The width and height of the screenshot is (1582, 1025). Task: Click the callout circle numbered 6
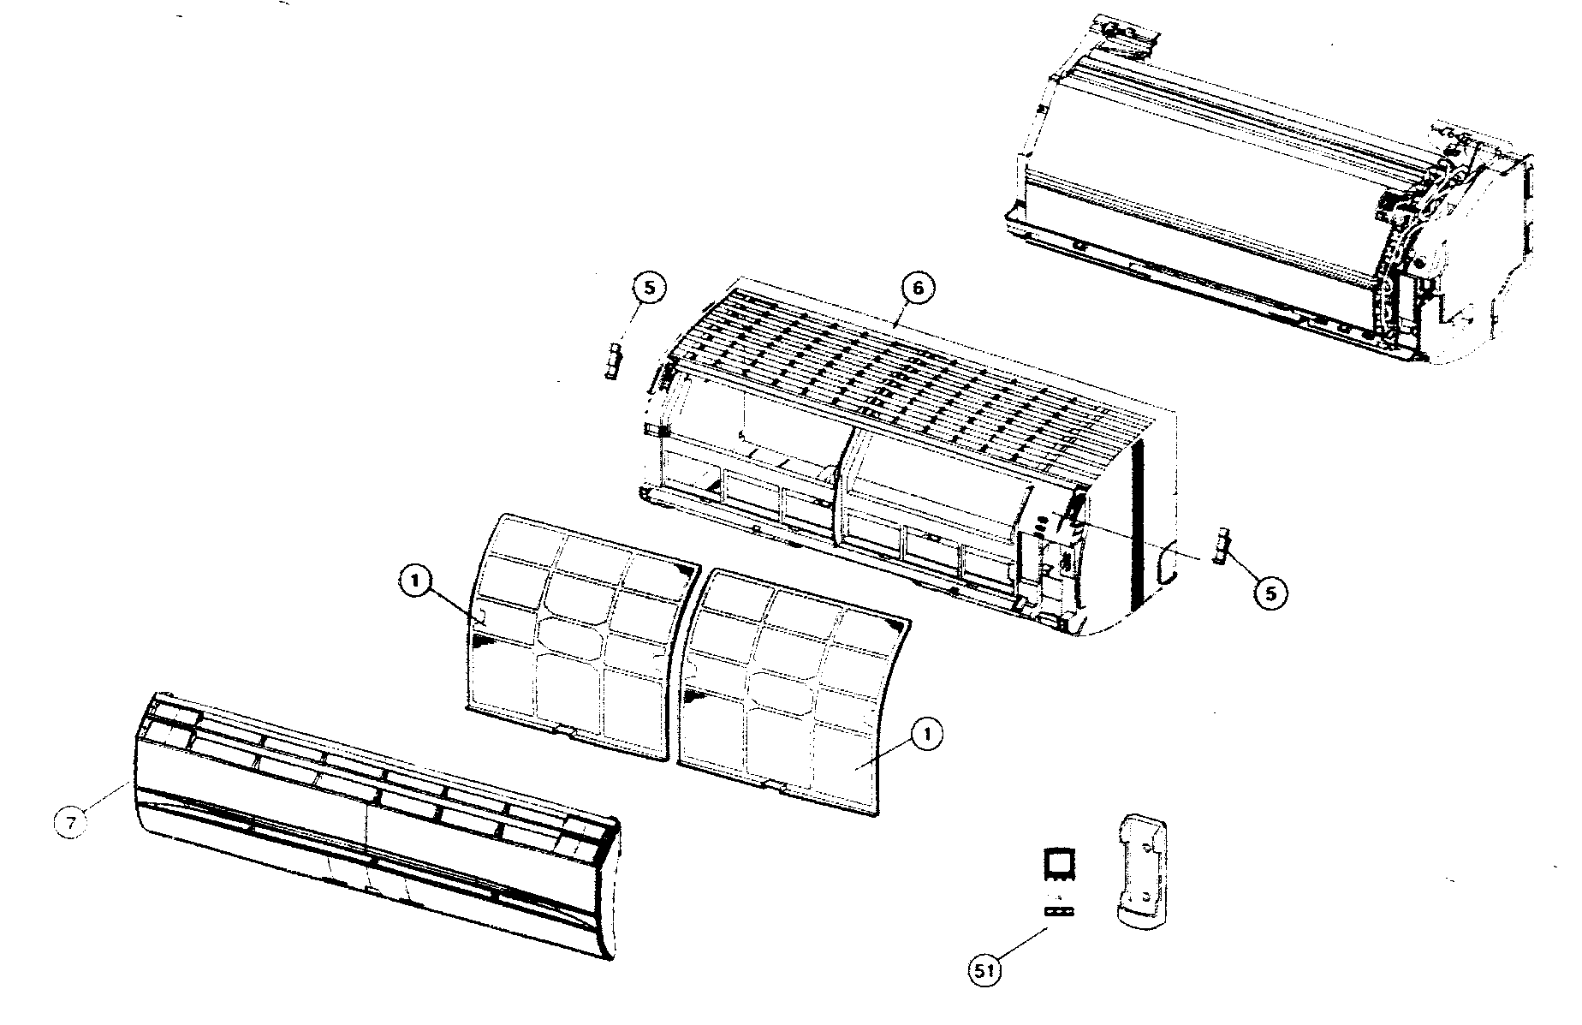917,289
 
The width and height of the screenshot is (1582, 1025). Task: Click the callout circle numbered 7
72,823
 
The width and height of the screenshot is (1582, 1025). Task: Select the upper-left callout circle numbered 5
649,289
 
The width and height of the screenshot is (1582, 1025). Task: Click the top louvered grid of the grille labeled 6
899,385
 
